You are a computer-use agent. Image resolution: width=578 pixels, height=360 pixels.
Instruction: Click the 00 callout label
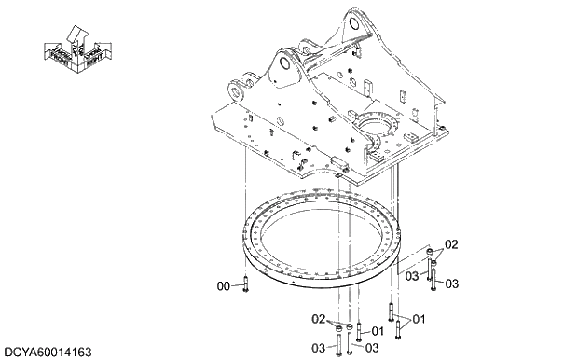222,287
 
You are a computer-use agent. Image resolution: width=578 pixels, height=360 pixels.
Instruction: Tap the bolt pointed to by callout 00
243,285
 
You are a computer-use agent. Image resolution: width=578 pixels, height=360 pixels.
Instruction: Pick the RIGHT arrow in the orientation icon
93,57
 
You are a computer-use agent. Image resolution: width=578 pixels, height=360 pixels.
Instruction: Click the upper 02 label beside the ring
451,244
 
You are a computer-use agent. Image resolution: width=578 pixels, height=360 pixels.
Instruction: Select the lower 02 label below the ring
317,319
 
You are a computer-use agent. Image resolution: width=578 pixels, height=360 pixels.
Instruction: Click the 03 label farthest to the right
451,284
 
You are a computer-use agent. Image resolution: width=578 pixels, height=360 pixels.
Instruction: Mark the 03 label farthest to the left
317,348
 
